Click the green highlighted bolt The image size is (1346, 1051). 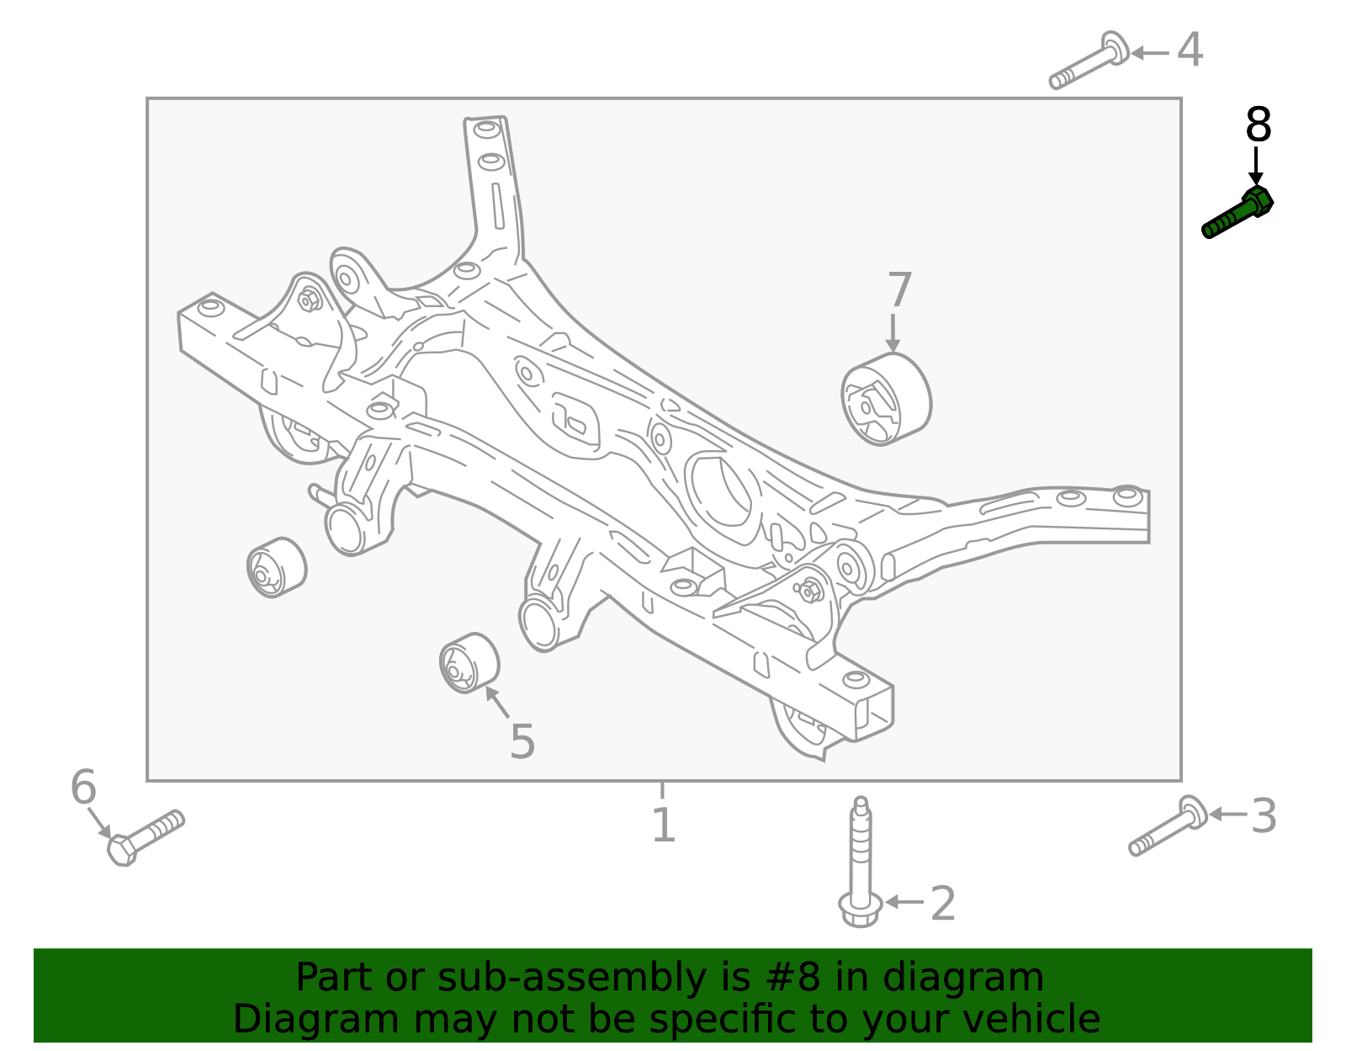tap(1237, 214)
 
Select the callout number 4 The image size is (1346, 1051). tap(1190, 50)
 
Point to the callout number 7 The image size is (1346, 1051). tap(899, 290)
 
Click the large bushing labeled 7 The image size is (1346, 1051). tap(886, 399)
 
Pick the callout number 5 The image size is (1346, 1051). tap(522, 741)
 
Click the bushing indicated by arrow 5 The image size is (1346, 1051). tap(469, 663)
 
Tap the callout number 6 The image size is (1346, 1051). tap(83, 788)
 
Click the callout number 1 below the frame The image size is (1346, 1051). tap(664, 825)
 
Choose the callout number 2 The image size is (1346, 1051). tap(943, 904)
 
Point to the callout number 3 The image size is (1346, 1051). tap(1264, 816)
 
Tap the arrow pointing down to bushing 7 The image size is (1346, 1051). tap(893, 332)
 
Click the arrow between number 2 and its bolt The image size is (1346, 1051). tap(904, 901)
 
